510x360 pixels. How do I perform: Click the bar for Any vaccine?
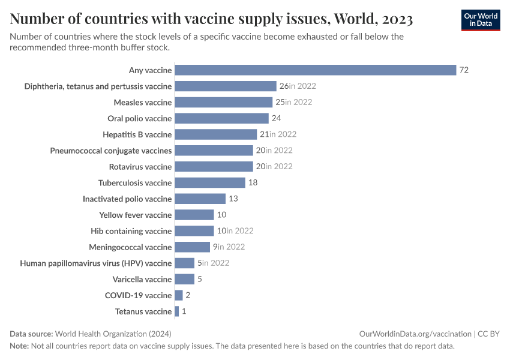(x=315, y=70)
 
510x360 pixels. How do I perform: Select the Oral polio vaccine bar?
(x=221, y=118)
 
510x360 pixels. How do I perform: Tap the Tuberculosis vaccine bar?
(x=210, y=182)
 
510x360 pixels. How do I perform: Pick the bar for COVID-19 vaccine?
(x=178, y=295)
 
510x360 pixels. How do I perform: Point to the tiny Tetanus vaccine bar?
(x=176, y=311)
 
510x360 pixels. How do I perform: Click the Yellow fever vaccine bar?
(x=194, y=215)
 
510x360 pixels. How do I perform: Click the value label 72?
(x=464, y=70)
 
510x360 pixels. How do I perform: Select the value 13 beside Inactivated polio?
(x=233, y=199)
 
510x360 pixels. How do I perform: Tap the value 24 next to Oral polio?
(x=277, y=118)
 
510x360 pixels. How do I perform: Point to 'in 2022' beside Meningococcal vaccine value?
(x=231, y=247)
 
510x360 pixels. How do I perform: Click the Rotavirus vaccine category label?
(x=140, y=166)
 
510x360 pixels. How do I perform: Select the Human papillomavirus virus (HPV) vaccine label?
(x=96, y=263)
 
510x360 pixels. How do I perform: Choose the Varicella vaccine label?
(x=142, y=279)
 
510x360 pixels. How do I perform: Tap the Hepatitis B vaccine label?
(x=137, y=134)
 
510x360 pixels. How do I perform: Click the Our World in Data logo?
(x=481, y=20)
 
